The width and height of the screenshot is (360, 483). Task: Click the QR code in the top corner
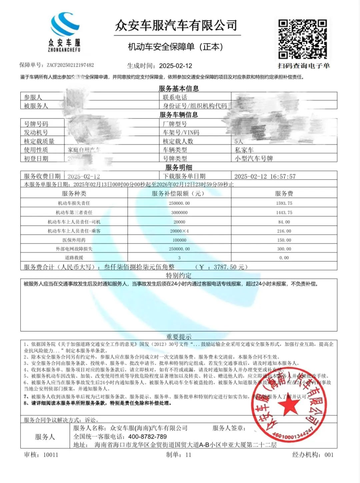click(x=302, y=39)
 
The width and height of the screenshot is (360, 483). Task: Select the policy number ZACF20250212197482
click(x=70, y=65)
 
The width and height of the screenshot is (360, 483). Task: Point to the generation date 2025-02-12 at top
click(x=176, y=66)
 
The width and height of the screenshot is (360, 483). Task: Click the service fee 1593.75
click(x=284, y=203)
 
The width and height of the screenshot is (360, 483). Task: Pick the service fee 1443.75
click(x=284, y=213)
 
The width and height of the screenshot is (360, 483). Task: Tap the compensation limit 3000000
click(x=179, y=213)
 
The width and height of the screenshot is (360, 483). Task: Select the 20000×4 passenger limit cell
click(x=179, y=231)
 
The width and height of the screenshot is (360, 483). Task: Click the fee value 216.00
click(x=284, y=231)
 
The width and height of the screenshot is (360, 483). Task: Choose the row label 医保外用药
click(x=74, y=240)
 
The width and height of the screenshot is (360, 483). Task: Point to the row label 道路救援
click(x=74, y=257)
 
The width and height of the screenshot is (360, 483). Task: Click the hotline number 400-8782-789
click(x=147, y=436)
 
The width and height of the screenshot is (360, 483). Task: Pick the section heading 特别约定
click(x=179, y=275)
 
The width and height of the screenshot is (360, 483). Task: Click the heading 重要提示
click(x=179, y=336)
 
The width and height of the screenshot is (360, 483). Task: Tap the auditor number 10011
click(x=51, y=455)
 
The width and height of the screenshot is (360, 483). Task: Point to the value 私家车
click(x=244, y=150)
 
